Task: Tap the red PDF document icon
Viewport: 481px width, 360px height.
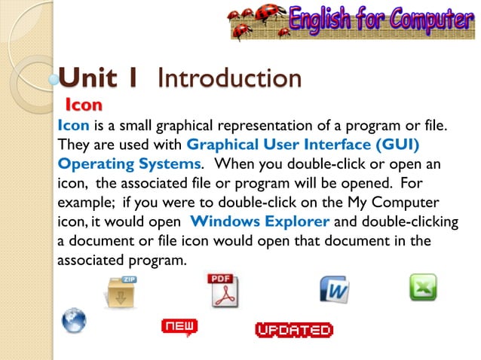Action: pos(222,291)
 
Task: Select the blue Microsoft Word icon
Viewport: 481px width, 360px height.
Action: pos(333,289)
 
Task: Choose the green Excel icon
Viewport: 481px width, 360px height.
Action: pos(422,288)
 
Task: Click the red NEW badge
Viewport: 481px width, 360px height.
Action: pos(179,326)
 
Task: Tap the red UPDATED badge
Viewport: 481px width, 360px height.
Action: pos(294,330)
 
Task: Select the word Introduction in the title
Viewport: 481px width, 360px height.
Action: pos(230,78)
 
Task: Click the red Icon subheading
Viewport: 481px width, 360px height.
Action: pos(84,103)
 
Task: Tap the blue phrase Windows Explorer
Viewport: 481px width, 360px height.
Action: pos(260,221)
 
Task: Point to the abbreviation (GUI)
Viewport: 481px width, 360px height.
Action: pos(392,143)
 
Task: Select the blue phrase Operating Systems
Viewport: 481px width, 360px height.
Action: pos(129,163)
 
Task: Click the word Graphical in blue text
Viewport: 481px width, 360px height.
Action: pos(219,143)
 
